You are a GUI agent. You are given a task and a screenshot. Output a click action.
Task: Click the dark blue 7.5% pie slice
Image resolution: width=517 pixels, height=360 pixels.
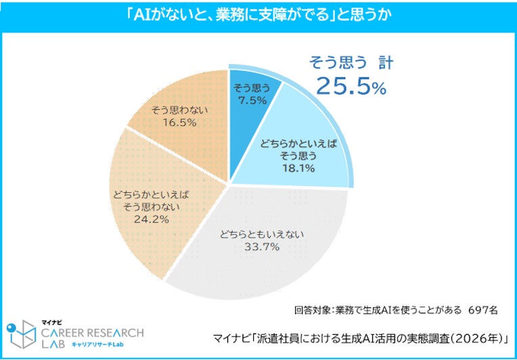click(250, 109)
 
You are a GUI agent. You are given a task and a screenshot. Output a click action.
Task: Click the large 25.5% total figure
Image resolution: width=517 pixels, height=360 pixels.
click(351, 87)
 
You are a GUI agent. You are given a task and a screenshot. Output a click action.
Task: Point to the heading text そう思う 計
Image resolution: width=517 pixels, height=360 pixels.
click(351, 63)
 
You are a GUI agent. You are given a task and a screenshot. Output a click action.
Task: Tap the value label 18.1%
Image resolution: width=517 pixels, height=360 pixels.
click(298, 168)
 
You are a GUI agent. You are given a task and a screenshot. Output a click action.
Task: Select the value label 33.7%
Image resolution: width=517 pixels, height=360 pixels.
click(263, 246)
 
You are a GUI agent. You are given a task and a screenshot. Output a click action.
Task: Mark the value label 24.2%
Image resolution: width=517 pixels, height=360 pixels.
click(151, 219)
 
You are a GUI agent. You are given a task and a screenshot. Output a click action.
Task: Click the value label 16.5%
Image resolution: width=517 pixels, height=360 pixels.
click(180, 122)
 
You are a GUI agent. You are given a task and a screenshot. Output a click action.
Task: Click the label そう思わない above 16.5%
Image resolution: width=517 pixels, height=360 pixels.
click(180, 111)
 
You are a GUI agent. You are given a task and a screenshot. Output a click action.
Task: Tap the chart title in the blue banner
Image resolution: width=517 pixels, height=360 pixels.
click(258, 16)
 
